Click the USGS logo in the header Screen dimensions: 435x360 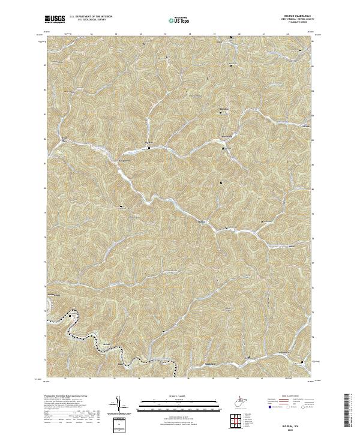coord(55,19)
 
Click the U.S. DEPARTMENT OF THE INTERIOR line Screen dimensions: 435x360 coord(91,16)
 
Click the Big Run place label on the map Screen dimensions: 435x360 coord(149,142)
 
